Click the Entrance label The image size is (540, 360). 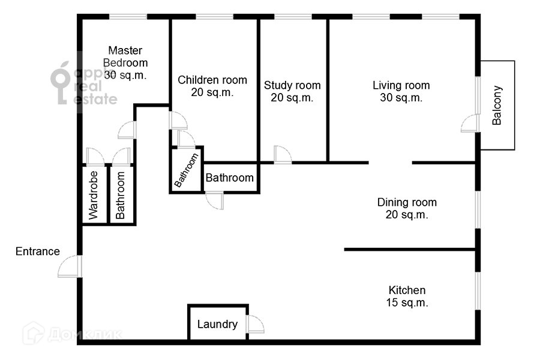coord(38,251)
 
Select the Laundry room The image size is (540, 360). coord(218,323)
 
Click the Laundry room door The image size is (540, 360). coord(255,324)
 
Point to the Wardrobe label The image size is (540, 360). coord(94,196)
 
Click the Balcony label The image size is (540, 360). coord(497,105)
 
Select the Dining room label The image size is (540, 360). coord(407,208)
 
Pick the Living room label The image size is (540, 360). coord(401,91)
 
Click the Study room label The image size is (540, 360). coord(292,91)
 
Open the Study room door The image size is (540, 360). coord(283,154)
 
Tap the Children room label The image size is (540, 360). coord(212,86)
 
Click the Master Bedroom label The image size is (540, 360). coord(125,62)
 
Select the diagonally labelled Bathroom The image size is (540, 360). coord(187,170)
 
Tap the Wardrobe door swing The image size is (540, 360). coord(95,157)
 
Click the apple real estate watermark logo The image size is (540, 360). coord(83,83)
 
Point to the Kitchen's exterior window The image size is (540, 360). coord(478,290)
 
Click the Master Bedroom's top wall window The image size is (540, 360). coord(128,17)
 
